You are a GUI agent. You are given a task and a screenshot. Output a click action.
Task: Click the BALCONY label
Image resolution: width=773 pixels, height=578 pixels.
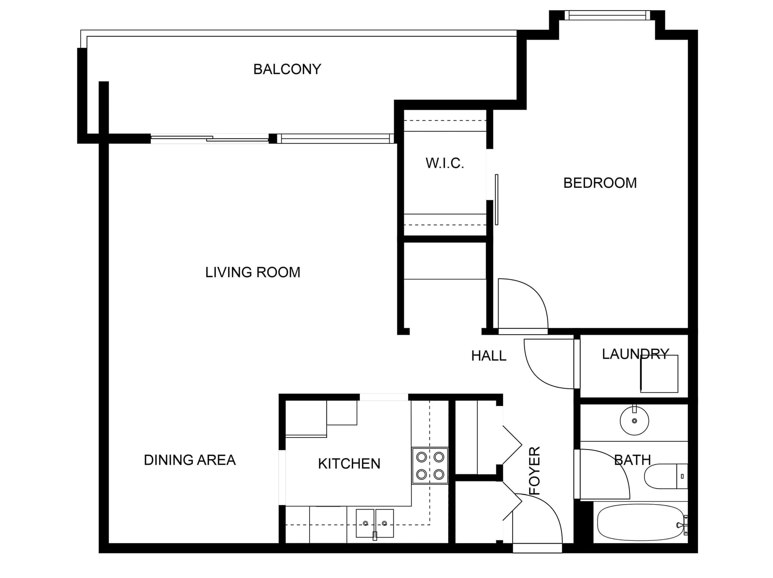287,69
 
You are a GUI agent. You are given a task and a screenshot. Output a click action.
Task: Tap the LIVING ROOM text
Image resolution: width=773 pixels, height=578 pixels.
253,272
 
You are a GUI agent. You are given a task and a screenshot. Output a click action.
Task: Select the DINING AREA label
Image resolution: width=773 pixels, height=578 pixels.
190,460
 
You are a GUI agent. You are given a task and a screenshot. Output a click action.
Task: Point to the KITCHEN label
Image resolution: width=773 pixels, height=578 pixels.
349,464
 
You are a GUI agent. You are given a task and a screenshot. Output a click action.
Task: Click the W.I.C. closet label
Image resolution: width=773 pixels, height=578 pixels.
445,163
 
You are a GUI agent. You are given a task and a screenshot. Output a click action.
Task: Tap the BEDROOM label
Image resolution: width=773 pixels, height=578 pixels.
600,183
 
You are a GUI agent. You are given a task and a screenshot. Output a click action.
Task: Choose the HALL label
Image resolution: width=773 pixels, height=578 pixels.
489,356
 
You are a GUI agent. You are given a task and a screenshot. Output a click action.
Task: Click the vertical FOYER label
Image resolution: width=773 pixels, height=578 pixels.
535,471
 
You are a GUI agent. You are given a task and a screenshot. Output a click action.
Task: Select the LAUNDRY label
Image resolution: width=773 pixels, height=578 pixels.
635,354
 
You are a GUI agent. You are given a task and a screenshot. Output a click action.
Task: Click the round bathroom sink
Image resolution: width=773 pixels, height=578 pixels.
634,420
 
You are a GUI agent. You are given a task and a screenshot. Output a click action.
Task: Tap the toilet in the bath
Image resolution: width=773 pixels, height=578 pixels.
666,476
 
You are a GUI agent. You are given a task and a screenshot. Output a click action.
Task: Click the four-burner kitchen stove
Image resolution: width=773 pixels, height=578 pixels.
430,465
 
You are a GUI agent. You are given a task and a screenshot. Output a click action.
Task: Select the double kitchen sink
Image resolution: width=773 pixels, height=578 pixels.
375,523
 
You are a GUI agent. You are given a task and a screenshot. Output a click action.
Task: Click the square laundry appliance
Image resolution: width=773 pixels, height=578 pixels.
659,374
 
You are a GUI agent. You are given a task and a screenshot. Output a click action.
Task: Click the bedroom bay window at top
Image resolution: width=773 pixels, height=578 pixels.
607,15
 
